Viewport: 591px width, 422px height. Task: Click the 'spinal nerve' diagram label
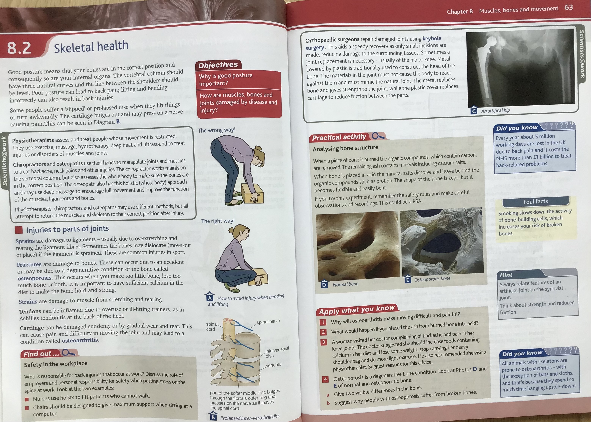coord(268,322)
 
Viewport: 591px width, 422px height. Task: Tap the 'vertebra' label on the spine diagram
coord(274,365)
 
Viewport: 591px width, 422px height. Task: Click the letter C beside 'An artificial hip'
coord(474,111)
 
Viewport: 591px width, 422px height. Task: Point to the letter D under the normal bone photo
coord(324,285)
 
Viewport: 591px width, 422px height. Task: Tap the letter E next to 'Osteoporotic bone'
coord(407,280)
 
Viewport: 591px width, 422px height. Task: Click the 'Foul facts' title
coord(535,201)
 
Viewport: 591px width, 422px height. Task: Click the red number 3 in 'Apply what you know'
coord(323,342)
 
